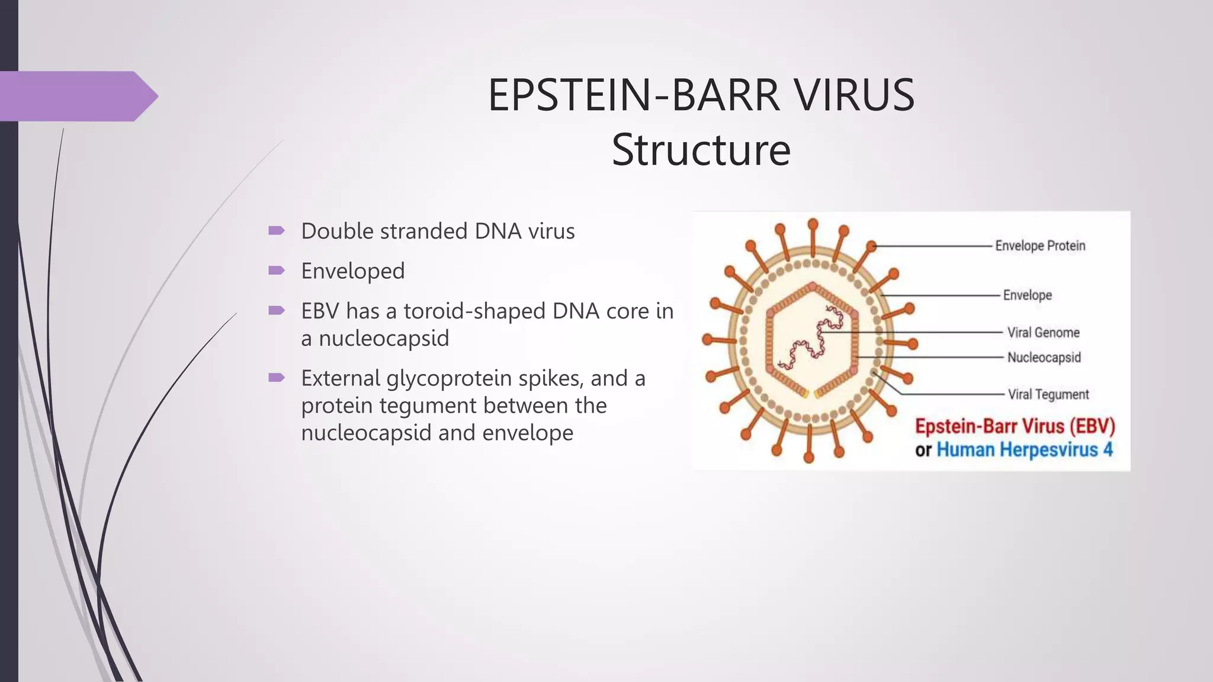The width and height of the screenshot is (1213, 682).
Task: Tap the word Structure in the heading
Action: [x=701, y=150]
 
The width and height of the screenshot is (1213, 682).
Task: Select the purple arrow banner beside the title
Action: [x=77, y=96]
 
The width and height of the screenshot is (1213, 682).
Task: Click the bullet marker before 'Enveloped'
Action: [x=277, y=271]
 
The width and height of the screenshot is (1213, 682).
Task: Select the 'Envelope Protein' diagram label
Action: [x=1039, y=246]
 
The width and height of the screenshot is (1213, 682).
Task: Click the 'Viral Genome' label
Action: [x=1043, y=333]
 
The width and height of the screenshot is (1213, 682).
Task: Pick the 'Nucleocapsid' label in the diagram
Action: [x=1044, y=358]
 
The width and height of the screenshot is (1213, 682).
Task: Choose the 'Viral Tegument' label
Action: [x=1048, y=394]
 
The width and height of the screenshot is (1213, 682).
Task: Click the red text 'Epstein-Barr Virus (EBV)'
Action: [x=1015, y=426]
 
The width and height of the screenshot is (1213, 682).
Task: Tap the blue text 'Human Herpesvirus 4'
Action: [x=1024, y=450]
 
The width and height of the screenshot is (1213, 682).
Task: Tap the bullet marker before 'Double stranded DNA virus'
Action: [x=277, y=230]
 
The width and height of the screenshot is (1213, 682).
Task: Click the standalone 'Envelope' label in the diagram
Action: [x=1027, y=295]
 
